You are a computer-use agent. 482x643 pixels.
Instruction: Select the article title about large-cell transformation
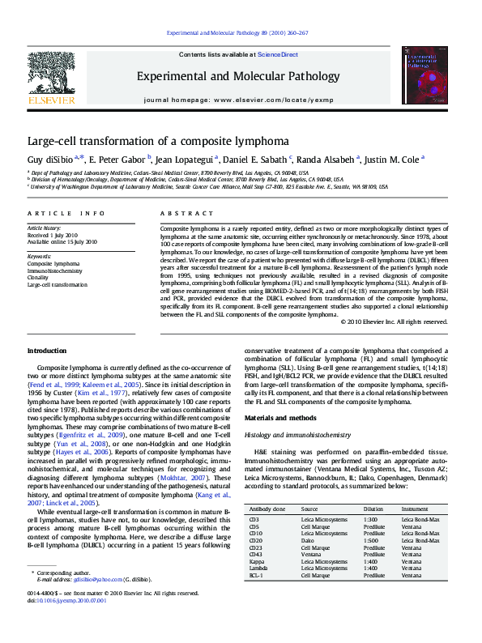point(152,140)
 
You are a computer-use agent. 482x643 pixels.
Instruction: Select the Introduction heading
point(47,351)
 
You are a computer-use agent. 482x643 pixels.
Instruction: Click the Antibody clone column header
point(267,509)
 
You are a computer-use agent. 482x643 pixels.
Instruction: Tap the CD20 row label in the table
point(255,540)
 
